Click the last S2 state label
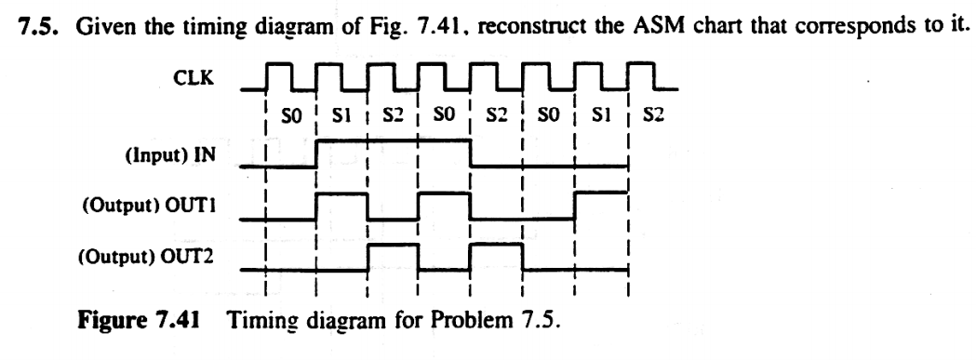tap(652, 120)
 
